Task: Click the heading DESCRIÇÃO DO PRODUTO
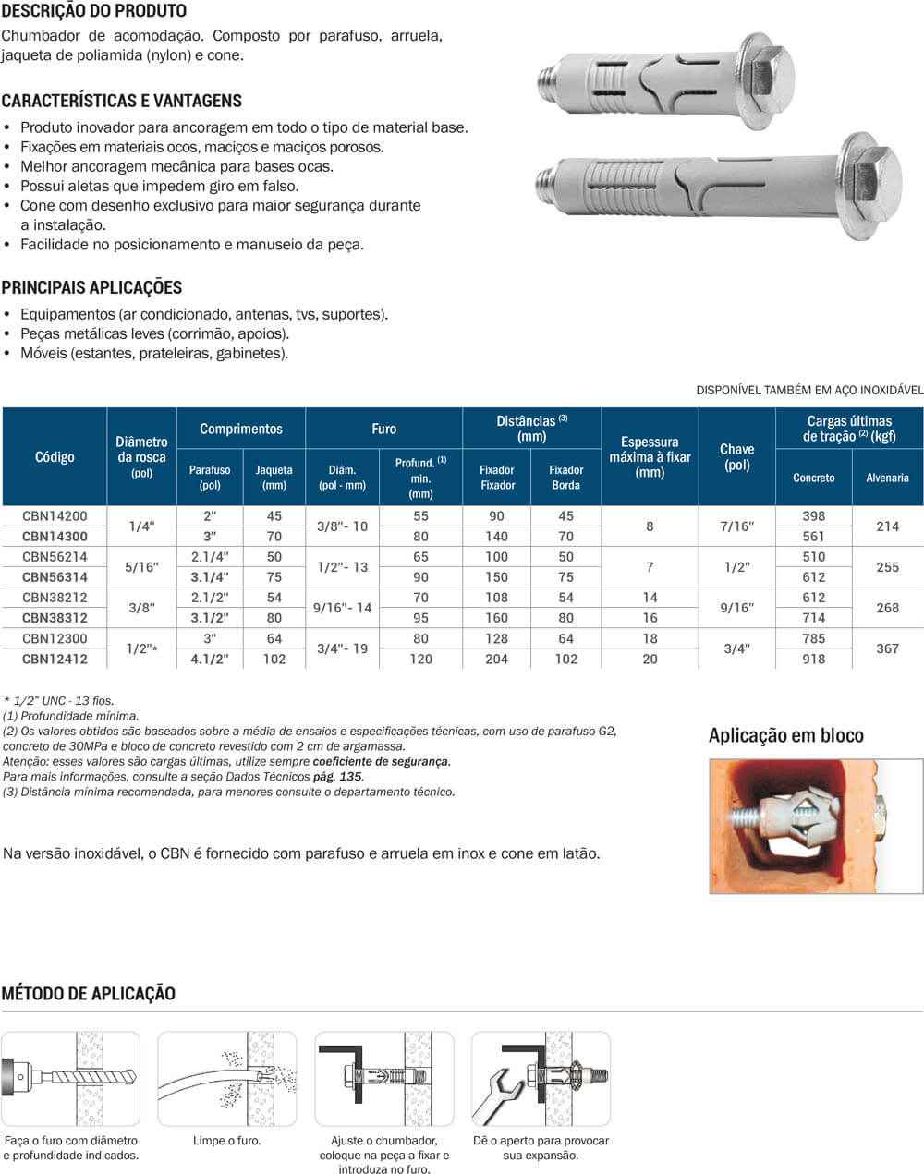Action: click(93, 11)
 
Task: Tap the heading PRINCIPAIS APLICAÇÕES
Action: click(91, 287)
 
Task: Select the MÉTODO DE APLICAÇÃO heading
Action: click(88, 994)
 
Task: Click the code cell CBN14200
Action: click(55, 516)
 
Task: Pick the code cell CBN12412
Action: click(55, 659)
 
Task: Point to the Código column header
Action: click(55, 456)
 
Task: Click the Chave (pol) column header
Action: click(736, 456)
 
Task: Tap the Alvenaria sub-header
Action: click(887, 478)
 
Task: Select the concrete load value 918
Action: click(813, 659)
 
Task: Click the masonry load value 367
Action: click(887, 648)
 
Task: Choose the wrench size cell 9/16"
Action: click(736, 608)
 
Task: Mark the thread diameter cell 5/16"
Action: click(141, 567)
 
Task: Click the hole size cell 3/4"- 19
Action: click(342, 648)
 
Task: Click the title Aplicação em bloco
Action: click(785, 735)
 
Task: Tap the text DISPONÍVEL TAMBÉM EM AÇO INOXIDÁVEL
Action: click(809, 390)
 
